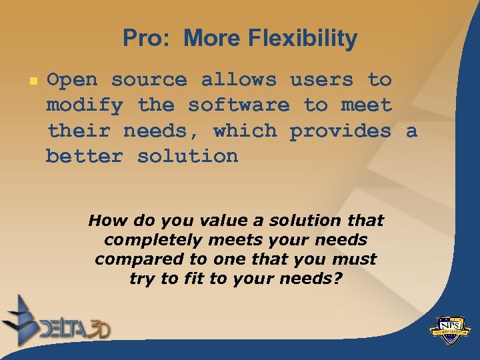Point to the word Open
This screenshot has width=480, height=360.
72,80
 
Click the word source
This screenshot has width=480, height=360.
149,80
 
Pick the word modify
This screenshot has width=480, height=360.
85,105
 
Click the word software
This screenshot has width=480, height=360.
239,105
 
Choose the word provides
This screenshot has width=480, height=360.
340,131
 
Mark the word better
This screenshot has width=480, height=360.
85,156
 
